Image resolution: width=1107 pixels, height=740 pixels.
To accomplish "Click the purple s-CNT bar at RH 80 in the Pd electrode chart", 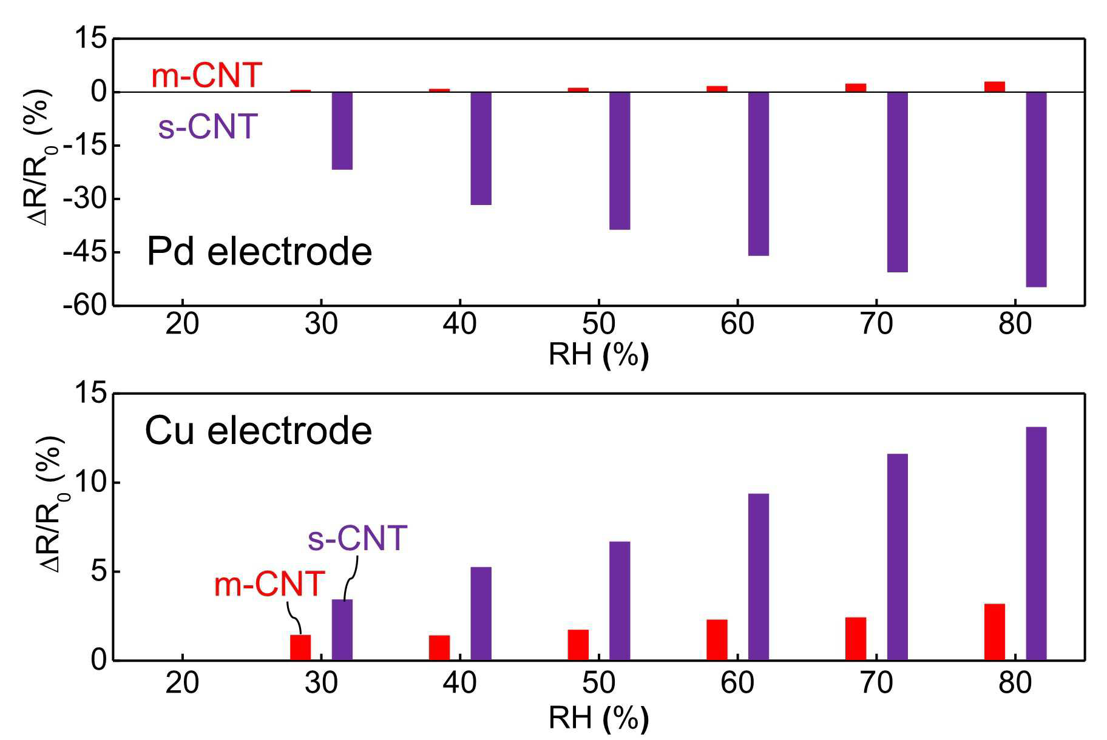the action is click(x=1036, y=189).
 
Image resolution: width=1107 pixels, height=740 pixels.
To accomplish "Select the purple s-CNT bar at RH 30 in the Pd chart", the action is click(x=342, y=130).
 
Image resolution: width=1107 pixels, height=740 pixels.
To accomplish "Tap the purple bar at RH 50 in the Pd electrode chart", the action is click(x=620, y=161).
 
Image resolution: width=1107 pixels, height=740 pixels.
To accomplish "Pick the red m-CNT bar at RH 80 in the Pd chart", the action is click(x=995, y=87).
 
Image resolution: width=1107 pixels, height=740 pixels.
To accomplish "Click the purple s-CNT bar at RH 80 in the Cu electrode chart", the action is click(x=1036, y=543).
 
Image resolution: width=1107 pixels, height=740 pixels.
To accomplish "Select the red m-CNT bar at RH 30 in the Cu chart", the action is click(x=300, y=647).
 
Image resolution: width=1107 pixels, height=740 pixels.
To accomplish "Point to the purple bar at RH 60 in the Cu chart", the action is click(x=759, y=577).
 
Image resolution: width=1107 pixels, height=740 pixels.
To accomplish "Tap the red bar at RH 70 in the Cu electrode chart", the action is click(x=856, y=639).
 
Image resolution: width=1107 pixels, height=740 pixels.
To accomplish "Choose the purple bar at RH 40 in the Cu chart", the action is click(x=481, y=613).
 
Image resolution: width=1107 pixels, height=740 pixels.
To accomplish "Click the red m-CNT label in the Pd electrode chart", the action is click(x=206, y=76).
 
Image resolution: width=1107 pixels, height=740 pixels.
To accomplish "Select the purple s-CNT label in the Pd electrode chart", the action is click(x=208, y=126).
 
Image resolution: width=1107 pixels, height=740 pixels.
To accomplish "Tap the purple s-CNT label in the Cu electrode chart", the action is click(x=357, y=538).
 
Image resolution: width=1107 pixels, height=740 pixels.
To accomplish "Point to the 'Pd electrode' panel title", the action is click(x=259, y=251).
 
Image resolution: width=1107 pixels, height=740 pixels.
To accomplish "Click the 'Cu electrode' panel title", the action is click(x=259, y=431).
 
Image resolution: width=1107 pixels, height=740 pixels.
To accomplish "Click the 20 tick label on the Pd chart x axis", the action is click(x=182, y=324).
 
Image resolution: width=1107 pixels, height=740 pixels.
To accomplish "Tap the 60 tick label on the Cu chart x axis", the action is click(x=737, y=683).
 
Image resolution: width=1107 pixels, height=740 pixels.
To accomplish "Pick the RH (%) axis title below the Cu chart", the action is click(x=598, y=719).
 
